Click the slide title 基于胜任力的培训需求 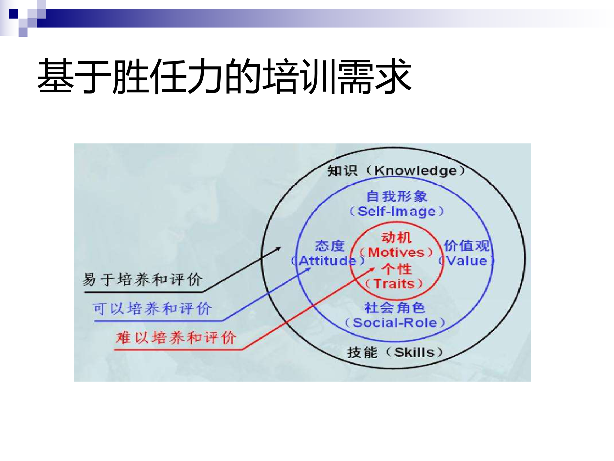(x=224, y=76)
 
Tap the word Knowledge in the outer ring (x=415, y=171)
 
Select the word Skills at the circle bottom (x=414, y=352)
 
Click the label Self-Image (x=397, y=211)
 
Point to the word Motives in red (x=396, y=252)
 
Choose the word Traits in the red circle (x=394, y=284)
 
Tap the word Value (x=467, y=261)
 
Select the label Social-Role (x=395, y=322)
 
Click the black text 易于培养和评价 (x=142, y=279)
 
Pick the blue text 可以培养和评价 (x=152, y=309)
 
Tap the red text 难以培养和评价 (x=176, y=338)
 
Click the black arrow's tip (x=280, y=247)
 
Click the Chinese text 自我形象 (x=397, y=196)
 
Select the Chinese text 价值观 (x=467, y=246)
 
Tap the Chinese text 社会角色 (x=395, y=308)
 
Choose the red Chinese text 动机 (x=396, y=238)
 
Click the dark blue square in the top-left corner (x=13, y=14)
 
